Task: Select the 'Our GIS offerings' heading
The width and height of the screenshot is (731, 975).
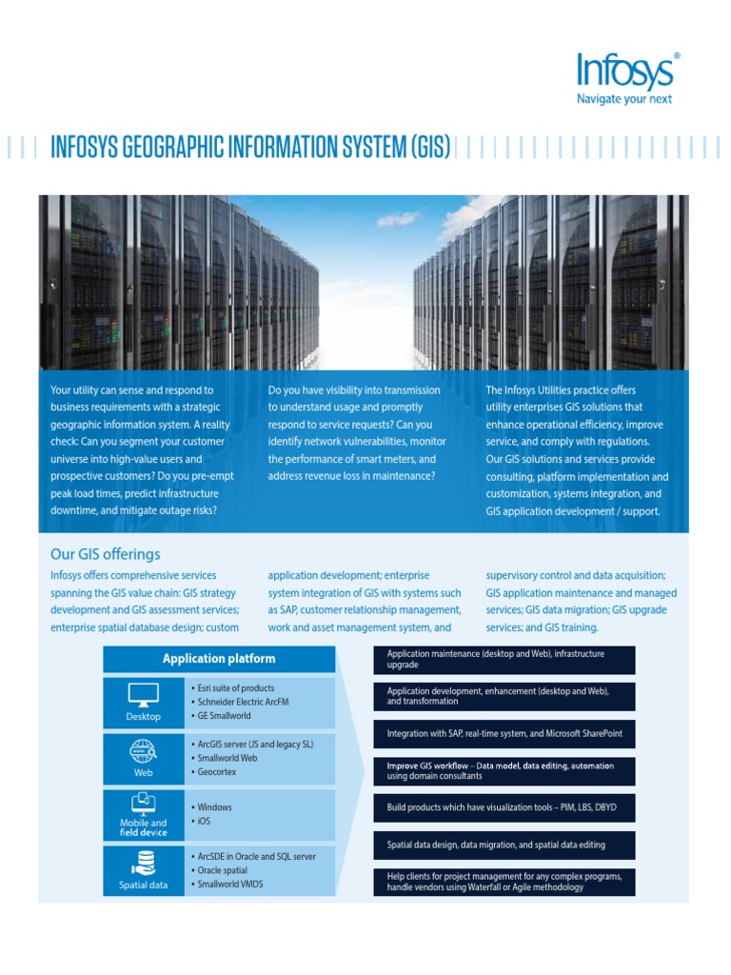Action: (x=106, y=554)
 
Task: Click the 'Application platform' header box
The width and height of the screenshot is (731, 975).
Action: (x=219, y=659)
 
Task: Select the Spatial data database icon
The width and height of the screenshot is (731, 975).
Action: (x=144, y=864)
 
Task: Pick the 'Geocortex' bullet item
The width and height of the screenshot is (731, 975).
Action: (x=217, y=772)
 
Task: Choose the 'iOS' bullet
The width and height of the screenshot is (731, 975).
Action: (x=205, y=821)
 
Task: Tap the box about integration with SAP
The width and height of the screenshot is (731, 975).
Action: (x=504, y=734)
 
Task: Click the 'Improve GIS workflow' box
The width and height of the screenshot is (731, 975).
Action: (x=504, y=770)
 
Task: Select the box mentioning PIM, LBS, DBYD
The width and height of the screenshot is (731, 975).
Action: (x=504, y=807)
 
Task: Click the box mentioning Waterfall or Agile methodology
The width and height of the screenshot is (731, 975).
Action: (x=504, y=882)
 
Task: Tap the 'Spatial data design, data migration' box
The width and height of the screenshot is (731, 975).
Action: (x=504, y=845)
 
